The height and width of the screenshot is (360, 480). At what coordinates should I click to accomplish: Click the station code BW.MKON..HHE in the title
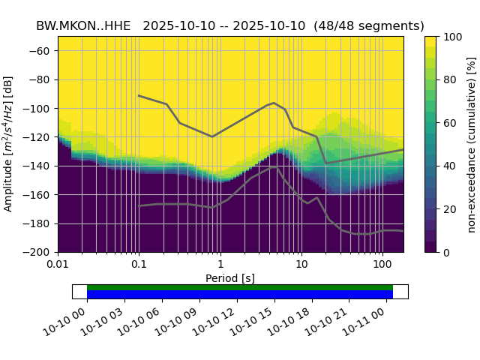82,25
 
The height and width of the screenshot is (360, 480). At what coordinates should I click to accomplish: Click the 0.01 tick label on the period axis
58,265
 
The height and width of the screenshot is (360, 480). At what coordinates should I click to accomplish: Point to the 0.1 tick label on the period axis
139,265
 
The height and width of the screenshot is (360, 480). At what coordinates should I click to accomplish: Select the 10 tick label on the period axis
301,265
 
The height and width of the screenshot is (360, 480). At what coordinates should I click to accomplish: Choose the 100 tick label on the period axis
382,265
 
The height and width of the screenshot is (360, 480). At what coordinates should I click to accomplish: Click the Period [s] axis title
230,278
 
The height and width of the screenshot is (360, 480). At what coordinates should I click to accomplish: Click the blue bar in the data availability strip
240,295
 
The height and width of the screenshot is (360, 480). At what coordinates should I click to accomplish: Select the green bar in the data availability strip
240,287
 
